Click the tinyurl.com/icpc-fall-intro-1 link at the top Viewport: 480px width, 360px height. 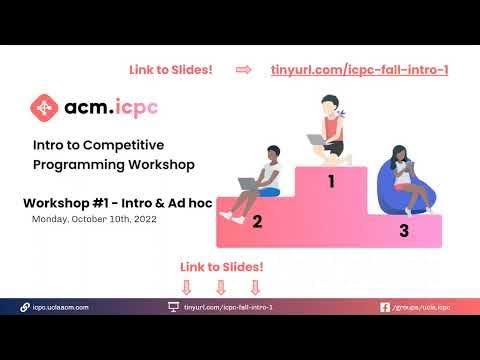359,69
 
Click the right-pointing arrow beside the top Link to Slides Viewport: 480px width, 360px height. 243,69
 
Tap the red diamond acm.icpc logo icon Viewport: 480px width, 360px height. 43,107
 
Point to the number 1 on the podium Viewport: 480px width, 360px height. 332,182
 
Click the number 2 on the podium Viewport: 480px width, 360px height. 257,222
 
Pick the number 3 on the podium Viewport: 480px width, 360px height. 403,230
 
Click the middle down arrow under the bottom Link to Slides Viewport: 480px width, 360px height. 221,287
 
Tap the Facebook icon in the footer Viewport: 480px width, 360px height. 385,307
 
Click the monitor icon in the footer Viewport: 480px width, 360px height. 173,307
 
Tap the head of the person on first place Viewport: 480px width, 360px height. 331,105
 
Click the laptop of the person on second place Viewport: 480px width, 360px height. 248,184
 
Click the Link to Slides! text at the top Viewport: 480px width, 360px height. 171,69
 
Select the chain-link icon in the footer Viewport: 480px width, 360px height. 25,307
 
